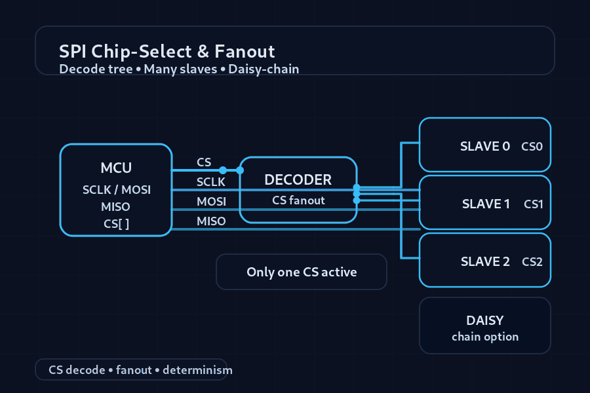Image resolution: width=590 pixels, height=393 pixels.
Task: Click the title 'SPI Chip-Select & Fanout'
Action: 167,51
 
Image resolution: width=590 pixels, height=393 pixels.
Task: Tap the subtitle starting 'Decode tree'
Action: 179,69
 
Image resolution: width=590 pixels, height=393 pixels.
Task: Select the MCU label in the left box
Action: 116,168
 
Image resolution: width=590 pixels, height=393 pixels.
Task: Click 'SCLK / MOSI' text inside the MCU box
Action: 116,190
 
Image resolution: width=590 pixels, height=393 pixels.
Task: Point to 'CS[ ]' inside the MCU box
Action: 116,223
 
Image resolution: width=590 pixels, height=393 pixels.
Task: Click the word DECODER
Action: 298,179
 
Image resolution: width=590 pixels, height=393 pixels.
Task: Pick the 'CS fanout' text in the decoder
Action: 298,200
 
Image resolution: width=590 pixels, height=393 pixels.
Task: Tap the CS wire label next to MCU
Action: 204,162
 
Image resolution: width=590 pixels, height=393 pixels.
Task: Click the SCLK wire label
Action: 211,181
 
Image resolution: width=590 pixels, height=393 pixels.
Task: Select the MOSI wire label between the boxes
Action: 211,201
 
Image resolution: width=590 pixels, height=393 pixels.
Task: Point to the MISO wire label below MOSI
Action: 211,221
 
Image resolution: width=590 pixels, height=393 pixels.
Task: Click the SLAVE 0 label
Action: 485,146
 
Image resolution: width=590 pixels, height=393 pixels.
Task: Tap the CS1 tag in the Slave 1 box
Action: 533,204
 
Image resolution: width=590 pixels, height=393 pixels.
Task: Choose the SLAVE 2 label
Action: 485,261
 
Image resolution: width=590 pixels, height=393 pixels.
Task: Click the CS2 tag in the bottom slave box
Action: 532,261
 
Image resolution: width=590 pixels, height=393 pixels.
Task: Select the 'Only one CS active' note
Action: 302,272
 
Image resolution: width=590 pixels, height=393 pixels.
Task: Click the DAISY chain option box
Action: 485,326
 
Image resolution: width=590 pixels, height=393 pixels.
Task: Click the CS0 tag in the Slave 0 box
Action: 532,146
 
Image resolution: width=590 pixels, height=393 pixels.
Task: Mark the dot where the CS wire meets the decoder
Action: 240,170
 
